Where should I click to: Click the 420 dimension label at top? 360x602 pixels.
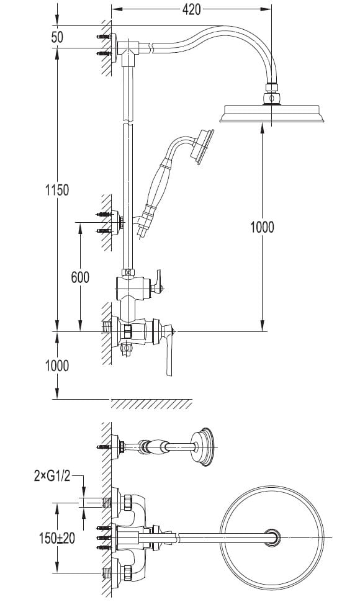(x=191, y=9)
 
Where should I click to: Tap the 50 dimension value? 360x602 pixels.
(x=57, y=37)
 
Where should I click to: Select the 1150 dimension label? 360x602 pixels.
(x=57, y=190)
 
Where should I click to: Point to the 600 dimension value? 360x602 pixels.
(x=80, y=277)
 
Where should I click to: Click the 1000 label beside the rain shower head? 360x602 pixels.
(x=262, y=227)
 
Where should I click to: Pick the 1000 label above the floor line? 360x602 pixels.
(x=57, y=366)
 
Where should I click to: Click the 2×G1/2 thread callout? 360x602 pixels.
(x=52, y=477)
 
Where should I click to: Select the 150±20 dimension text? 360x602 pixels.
(x=57, y=538)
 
